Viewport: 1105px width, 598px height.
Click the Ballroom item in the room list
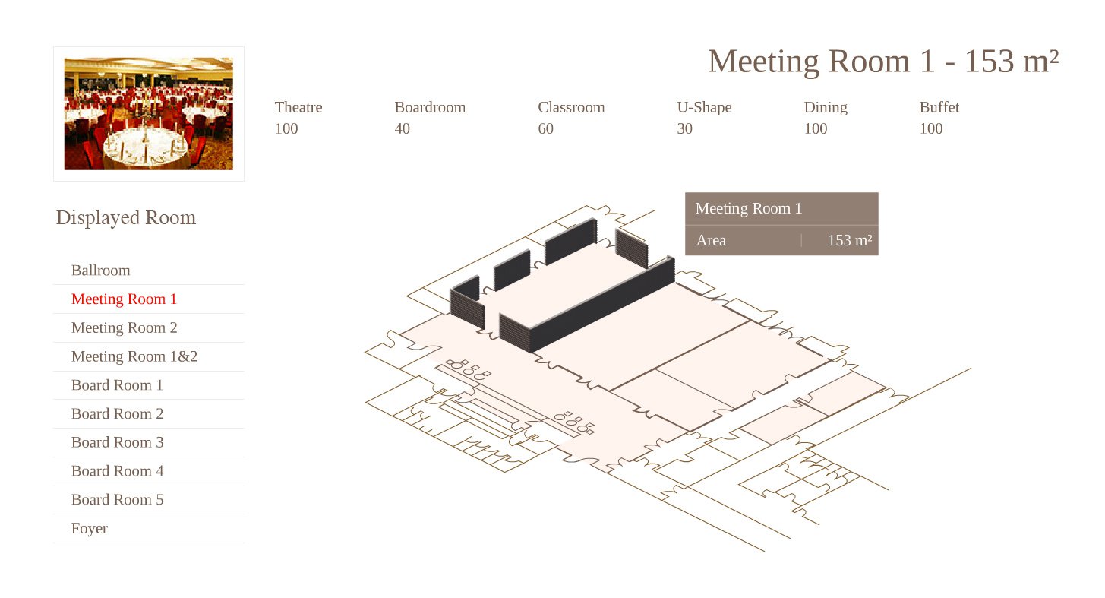101,271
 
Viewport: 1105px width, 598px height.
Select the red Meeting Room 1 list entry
124,299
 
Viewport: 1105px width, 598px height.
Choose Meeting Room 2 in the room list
125,327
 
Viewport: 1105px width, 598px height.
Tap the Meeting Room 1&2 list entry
134,356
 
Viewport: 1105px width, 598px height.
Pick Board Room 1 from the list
117,384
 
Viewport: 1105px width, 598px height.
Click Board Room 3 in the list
118,442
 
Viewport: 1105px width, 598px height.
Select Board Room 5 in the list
118,499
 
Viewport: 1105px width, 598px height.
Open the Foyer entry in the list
90,528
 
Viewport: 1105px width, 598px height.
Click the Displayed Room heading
126,217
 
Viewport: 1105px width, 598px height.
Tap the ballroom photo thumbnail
149,114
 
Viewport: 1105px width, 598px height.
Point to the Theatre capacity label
298,107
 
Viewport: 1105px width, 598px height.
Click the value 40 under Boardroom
402,128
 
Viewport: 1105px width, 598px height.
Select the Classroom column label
571,107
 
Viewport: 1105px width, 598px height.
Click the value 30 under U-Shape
685,128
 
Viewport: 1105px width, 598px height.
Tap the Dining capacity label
826,108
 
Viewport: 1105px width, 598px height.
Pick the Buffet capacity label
939,107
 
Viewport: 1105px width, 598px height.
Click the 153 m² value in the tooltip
850,240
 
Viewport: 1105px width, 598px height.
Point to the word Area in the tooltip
711,240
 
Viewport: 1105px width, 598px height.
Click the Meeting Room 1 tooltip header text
749,209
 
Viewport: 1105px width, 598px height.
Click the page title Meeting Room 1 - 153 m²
883,62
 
